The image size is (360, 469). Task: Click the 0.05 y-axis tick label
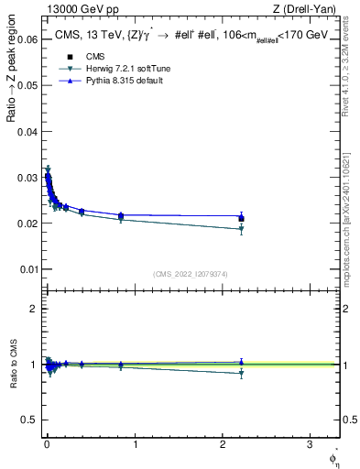coord(27,85)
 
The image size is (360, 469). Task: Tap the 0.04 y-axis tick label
coord(27,131)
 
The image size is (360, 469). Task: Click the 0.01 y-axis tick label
coord(27,269)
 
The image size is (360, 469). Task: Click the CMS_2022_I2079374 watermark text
coord(190,273)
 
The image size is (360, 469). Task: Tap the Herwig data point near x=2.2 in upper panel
coord(241,229)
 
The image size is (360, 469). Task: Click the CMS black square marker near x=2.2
coord(241,218)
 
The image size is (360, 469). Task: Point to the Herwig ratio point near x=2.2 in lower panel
coord(241,374)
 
